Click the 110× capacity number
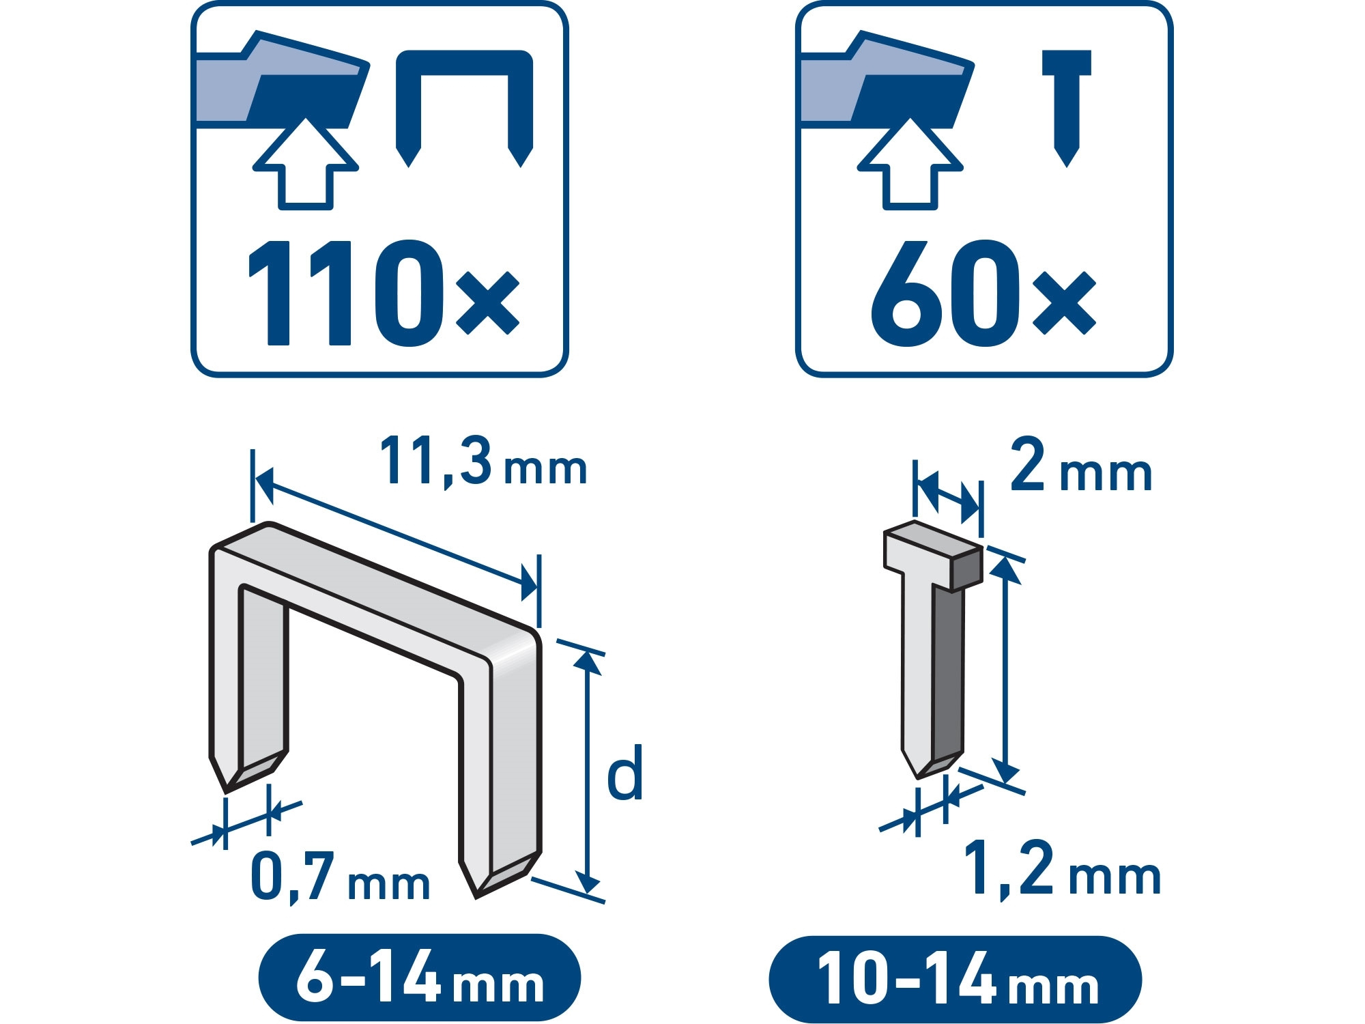click(x=384, y=293)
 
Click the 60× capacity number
click(x=983, y=293)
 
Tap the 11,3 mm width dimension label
click(x=483, y=462)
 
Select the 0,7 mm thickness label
click(x=340, y=877)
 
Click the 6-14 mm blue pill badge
click(x=419, y=977)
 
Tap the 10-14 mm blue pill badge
click(x=955, y=978)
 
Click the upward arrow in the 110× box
click(x=306, y=164)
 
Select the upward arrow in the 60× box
click(x=910, y=164)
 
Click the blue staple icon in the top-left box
click(x=464, y=108)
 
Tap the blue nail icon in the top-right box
click(x=1067, y=108)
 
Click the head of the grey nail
click(x=933, y=555)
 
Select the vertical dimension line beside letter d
click(x=586, y=772)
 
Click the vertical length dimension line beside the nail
click(x=1005, y=670)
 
